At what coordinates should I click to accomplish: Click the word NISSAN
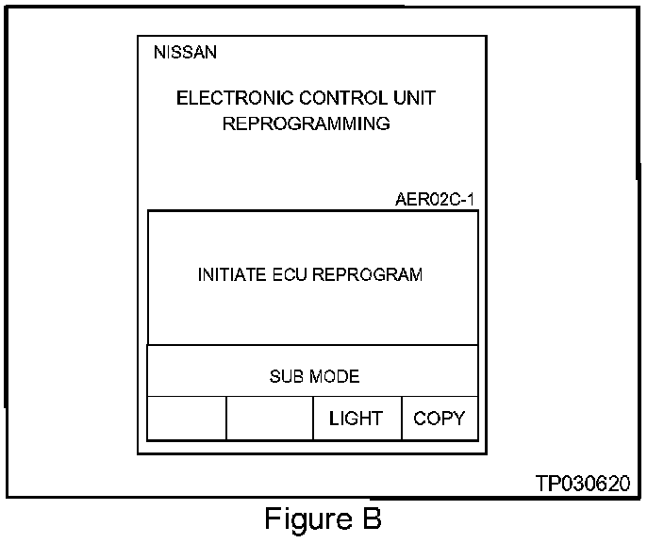[x=185, y=53]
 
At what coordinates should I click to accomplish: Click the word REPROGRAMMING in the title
[x=306, y=123]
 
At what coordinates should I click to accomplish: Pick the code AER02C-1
[x=436, y=200]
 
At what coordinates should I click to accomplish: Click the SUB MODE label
[x=314, y=376]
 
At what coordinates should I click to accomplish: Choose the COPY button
[x=440, y=419]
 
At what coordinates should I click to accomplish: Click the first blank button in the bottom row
[x=187, y=419]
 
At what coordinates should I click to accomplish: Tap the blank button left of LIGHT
[x=270, y=419]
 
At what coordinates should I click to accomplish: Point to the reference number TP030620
[x=582, y=484]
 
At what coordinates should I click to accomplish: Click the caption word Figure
[x=300, y=519]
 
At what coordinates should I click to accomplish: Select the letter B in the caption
[x=370, y=519]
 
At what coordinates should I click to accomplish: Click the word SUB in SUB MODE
[x=286, y=376]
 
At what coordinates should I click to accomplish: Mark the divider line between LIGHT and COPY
[x=402, y=419]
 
